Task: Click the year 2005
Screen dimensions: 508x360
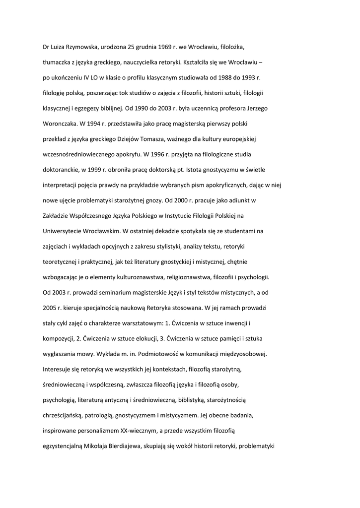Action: (x=51, y=308)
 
